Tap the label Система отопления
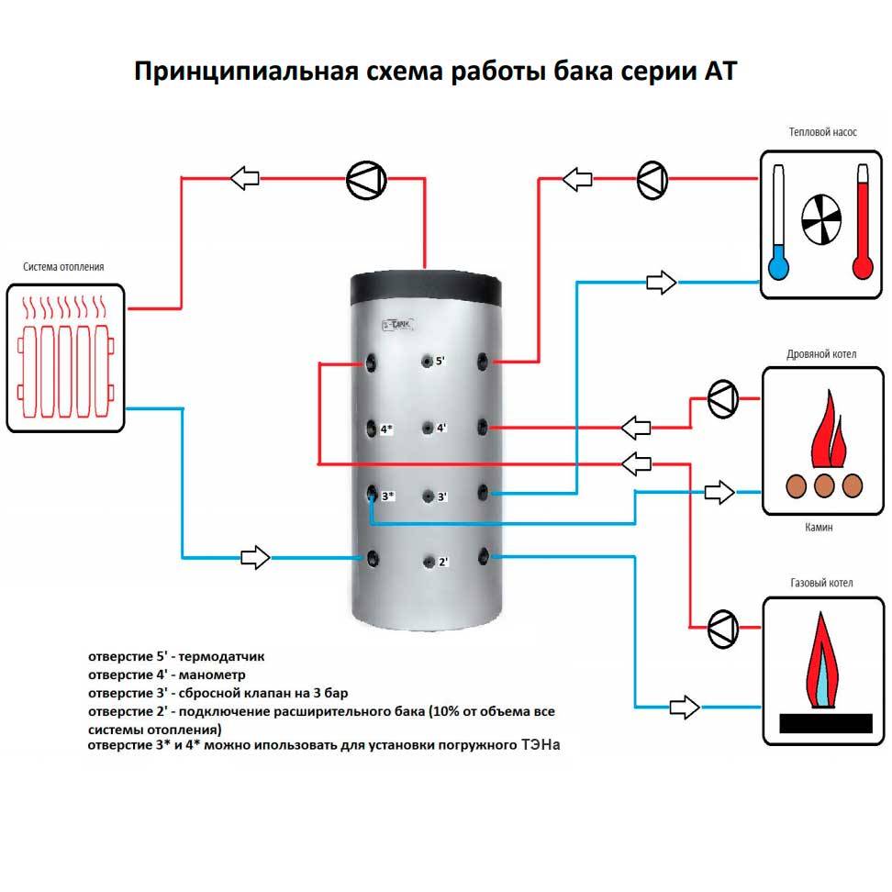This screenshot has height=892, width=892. coord(63,267)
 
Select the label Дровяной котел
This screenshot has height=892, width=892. coord(820,353)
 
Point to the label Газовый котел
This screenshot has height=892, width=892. coord(820,583)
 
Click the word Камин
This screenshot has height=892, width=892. coord(820,529)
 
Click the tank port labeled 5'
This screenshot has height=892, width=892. coord(428,361)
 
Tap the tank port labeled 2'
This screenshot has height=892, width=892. coord(429,561)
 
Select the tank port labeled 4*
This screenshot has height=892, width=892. coord(371,429)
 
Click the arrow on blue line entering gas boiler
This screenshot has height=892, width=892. coord(684,706)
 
